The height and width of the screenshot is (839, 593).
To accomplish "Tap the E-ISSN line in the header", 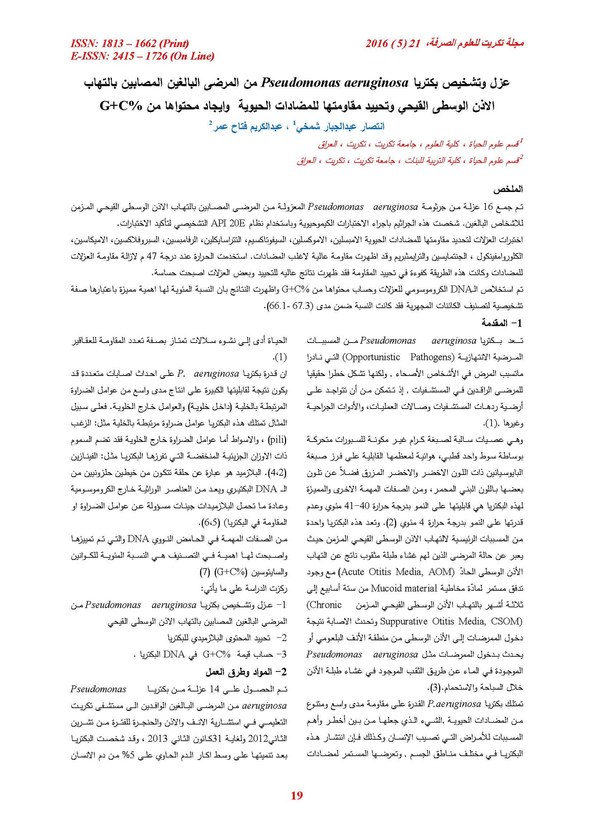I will [142, 56].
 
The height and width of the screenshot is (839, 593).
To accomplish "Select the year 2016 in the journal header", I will [377, 44].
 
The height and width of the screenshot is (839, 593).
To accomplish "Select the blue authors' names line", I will [297, 126].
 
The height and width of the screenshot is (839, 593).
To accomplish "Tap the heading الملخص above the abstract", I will [507, 189].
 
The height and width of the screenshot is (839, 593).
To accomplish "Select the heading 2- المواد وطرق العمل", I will [246, 671].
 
